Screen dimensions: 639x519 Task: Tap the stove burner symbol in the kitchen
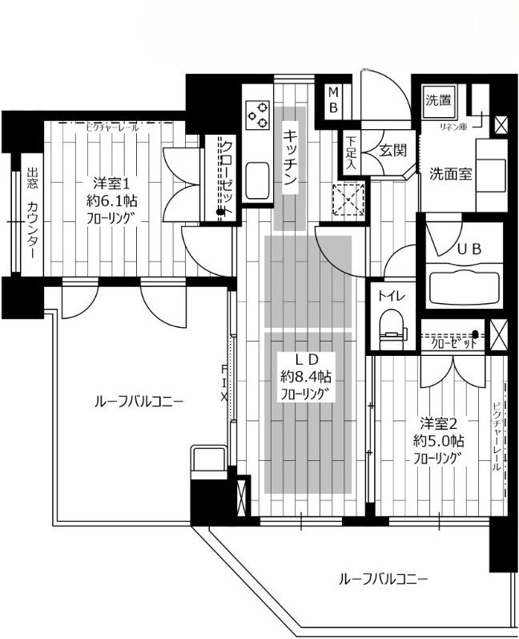point(259,115)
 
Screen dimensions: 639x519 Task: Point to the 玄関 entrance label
point(392,150)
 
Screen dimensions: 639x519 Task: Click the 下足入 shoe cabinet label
point(351,152)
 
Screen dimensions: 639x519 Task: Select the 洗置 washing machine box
point(437,101)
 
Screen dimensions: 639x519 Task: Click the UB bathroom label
point(469,249)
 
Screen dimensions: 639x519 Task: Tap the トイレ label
point(392,296)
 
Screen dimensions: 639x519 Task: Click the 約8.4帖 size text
point(305,376)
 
